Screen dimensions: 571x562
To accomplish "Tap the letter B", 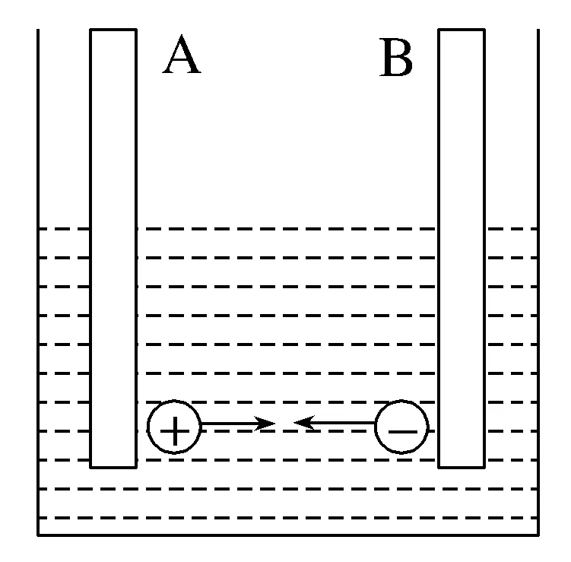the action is pyautogui.click(x=396, y=59).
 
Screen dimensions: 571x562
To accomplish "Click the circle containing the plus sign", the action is pyautogui.click(x=174, y=430).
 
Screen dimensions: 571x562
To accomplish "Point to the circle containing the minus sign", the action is pyautogui.click(x=402, y=430).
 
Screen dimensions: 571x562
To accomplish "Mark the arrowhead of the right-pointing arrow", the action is pyautogui.click(x=267, y=424).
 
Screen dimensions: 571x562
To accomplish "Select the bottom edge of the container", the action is pyautogui.click(x=289, y=535).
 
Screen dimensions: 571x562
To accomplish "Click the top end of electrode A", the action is pyautogui.click(x=113, y=30).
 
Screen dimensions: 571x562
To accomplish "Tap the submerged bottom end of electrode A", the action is pyautogui.click(x=113, y=465).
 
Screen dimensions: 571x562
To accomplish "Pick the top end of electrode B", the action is pyautogui.click(x=462, y=30).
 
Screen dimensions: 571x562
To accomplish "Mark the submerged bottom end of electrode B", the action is pyautogui.click(x=462, y=465).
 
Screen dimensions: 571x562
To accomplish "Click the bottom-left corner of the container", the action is pyautogui.click(x=39, y=535).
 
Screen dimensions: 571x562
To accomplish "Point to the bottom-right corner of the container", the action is pyautogui.click(x=538, y=535).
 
